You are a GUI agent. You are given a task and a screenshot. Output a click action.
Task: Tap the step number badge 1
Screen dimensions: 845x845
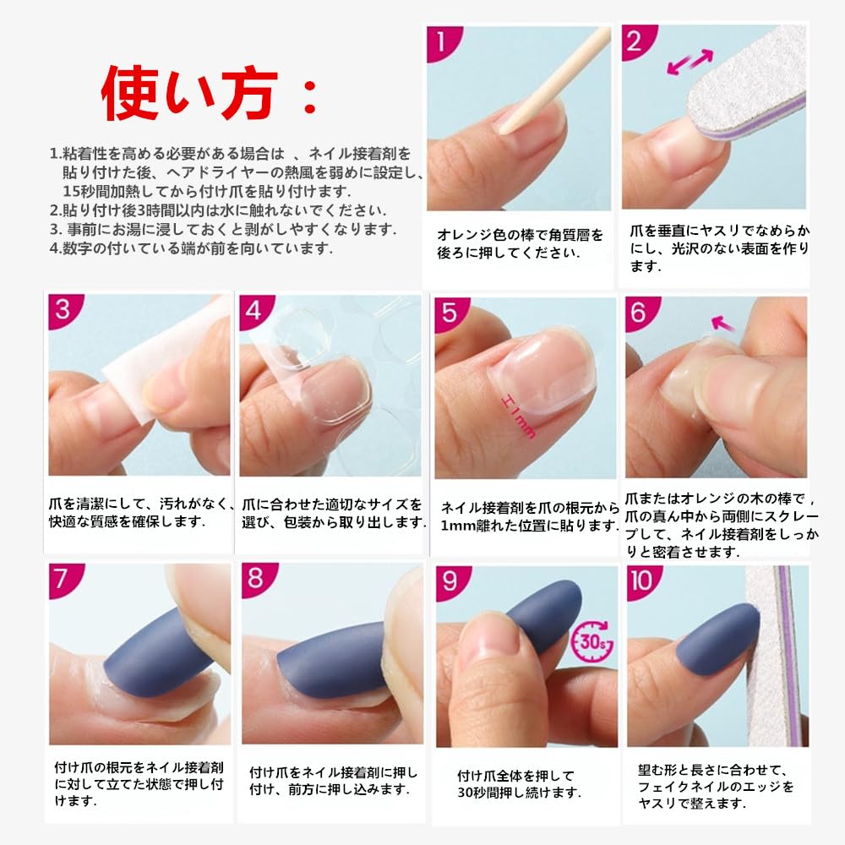441,41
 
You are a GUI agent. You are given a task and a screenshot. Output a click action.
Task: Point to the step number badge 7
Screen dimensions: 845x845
63,580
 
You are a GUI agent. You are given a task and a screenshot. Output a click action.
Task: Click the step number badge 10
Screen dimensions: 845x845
642,581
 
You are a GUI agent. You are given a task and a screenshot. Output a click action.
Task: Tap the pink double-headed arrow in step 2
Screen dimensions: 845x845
690,62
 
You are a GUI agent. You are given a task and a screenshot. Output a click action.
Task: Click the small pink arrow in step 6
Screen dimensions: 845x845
722,324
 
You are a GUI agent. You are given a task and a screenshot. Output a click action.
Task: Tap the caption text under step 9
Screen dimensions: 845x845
519,784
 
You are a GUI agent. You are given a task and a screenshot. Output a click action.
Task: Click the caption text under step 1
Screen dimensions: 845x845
520,243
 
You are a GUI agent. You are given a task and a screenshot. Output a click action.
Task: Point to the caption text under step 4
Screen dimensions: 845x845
334,513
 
